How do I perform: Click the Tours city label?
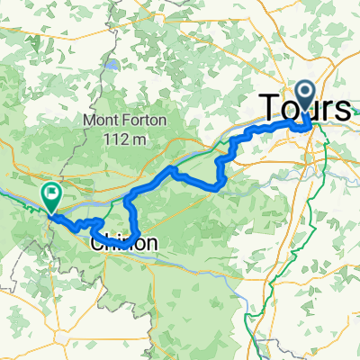306,108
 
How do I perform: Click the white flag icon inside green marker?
51,191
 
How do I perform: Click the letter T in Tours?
269,108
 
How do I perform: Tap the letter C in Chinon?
97,243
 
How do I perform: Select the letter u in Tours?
311,110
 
